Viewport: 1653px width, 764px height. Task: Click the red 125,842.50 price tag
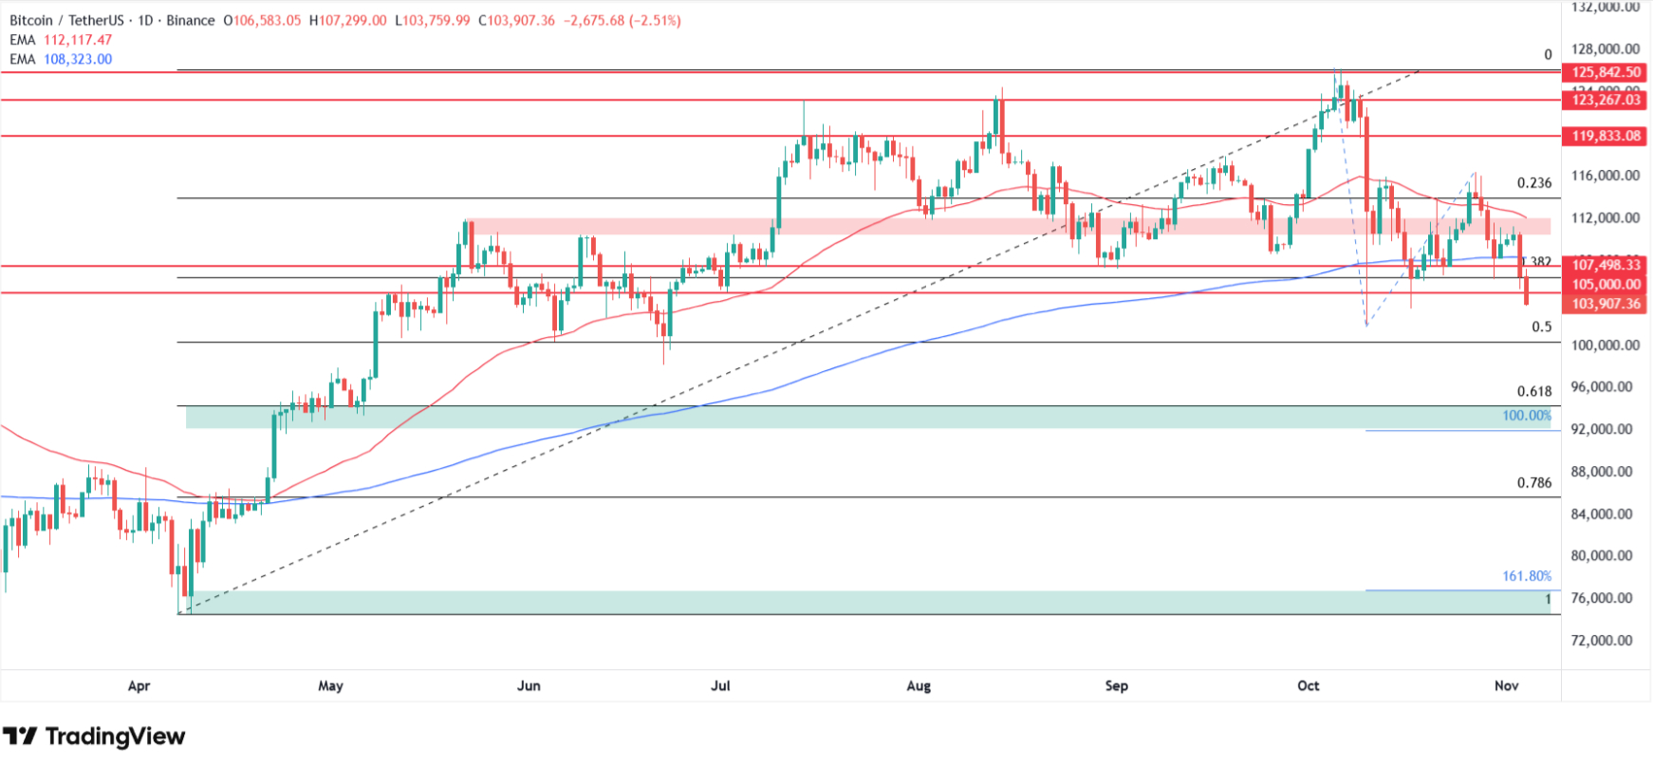click(x=1606, y=72)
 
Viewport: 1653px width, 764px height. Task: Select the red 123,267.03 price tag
click(x=1606, y=100)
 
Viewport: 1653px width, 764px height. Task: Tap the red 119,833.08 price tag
click(x=1606, y=136)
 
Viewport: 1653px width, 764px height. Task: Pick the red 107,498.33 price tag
click(x=1606, y=265)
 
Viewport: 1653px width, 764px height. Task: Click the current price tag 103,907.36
click(x=1606, y=304)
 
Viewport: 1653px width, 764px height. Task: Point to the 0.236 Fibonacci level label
click(x=1533, y=183)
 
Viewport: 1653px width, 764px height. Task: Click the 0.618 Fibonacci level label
click(x=1533, y=391)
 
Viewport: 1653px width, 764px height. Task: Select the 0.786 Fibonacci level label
click(x=1533, y=482)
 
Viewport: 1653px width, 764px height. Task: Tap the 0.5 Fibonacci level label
click(x=1541, y=326)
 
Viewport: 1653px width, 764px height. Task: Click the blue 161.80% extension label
click(x=1526, y=576)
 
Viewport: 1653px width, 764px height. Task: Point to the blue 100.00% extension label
click(x=1526, y=416)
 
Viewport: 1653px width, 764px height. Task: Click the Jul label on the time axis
click(x=720, y=685)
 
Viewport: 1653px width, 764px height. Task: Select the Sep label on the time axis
click(x=1116, y=685)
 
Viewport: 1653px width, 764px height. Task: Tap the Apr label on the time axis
click(x=139, y=685)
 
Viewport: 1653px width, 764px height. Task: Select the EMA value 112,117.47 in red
click(x=78, y=40)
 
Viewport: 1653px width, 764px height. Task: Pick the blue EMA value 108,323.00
click(x=78, y=59)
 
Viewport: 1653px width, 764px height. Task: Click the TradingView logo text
click(x=114, y=736)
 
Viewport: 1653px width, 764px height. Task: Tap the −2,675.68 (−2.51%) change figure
click(x=622, y=20)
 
